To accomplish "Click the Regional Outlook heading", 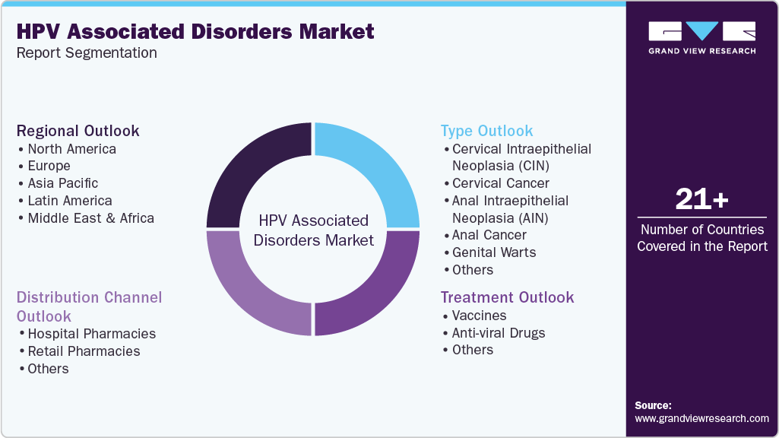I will [78, 131].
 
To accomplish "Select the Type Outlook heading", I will [487, 131].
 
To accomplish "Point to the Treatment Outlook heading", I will [508, 297].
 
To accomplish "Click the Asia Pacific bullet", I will [63, 183].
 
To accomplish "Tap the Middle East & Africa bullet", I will [90, 218].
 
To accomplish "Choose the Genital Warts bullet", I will [494, 252].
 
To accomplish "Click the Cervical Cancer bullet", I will [500, 183].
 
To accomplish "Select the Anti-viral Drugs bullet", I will [499, 333].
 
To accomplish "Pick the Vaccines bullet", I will [479, 316].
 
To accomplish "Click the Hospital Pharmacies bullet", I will [91, 334].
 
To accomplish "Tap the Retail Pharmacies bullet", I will [84, 351].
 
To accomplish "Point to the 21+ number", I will [701, 200].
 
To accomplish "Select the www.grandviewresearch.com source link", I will [701, 418].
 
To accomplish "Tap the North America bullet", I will [71, 149].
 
